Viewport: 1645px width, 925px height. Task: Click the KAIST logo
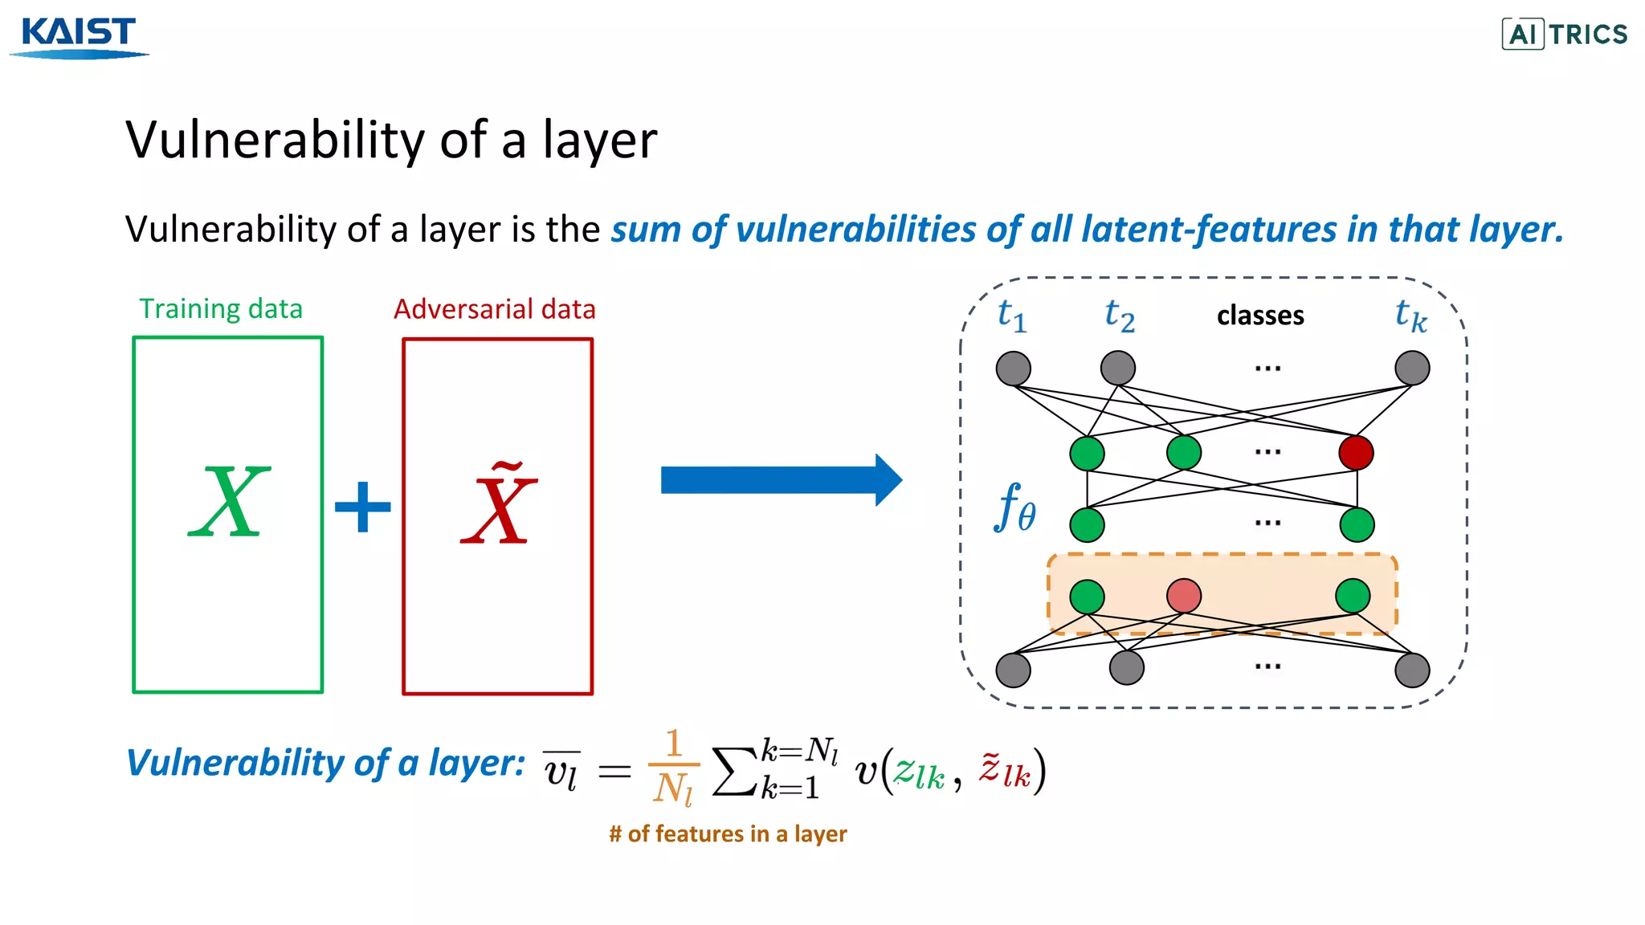[x=79, y=37]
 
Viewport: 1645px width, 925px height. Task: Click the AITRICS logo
[x=1564, y=34]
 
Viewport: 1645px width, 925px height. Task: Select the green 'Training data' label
[x=221, y=309]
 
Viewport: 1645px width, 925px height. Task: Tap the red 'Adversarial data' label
[x=494, y=309]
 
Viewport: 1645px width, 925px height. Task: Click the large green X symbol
[x=229, y=503]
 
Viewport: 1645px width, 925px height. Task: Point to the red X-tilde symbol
[x=498, y=504]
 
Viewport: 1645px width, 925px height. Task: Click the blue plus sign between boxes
[x=363, y=507]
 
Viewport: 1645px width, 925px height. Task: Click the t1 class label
[x=1011, y=315]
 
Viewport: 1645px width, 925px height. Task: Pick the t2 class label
[x=1119, y=315]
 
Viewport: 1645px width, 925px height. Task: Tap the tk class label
[x=1410, y=316]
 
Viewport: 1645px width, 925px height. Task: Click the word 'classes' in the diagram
[x=1259, y=316]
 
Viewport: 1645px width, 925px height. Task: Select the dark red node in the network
[x=1356, y=452]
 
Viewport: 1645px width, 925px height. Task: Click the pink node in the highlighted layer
[x=1183, y=596]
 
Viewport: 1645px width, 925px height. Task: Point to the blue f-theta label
[x=1015, y=508]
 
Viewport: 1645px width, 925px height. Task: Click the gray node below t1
[x=1013, y=369]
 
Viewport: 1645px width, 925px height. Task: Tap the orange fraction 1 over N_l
[x=673, y=767]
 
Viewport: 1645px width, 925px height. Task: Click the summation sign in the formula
[x=734, y=771]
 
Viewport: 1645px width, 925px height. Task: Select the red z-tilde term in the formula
[x=1004, y=770]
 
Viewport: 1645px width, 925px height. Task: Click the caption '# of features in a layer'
[x=728, y=834]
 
